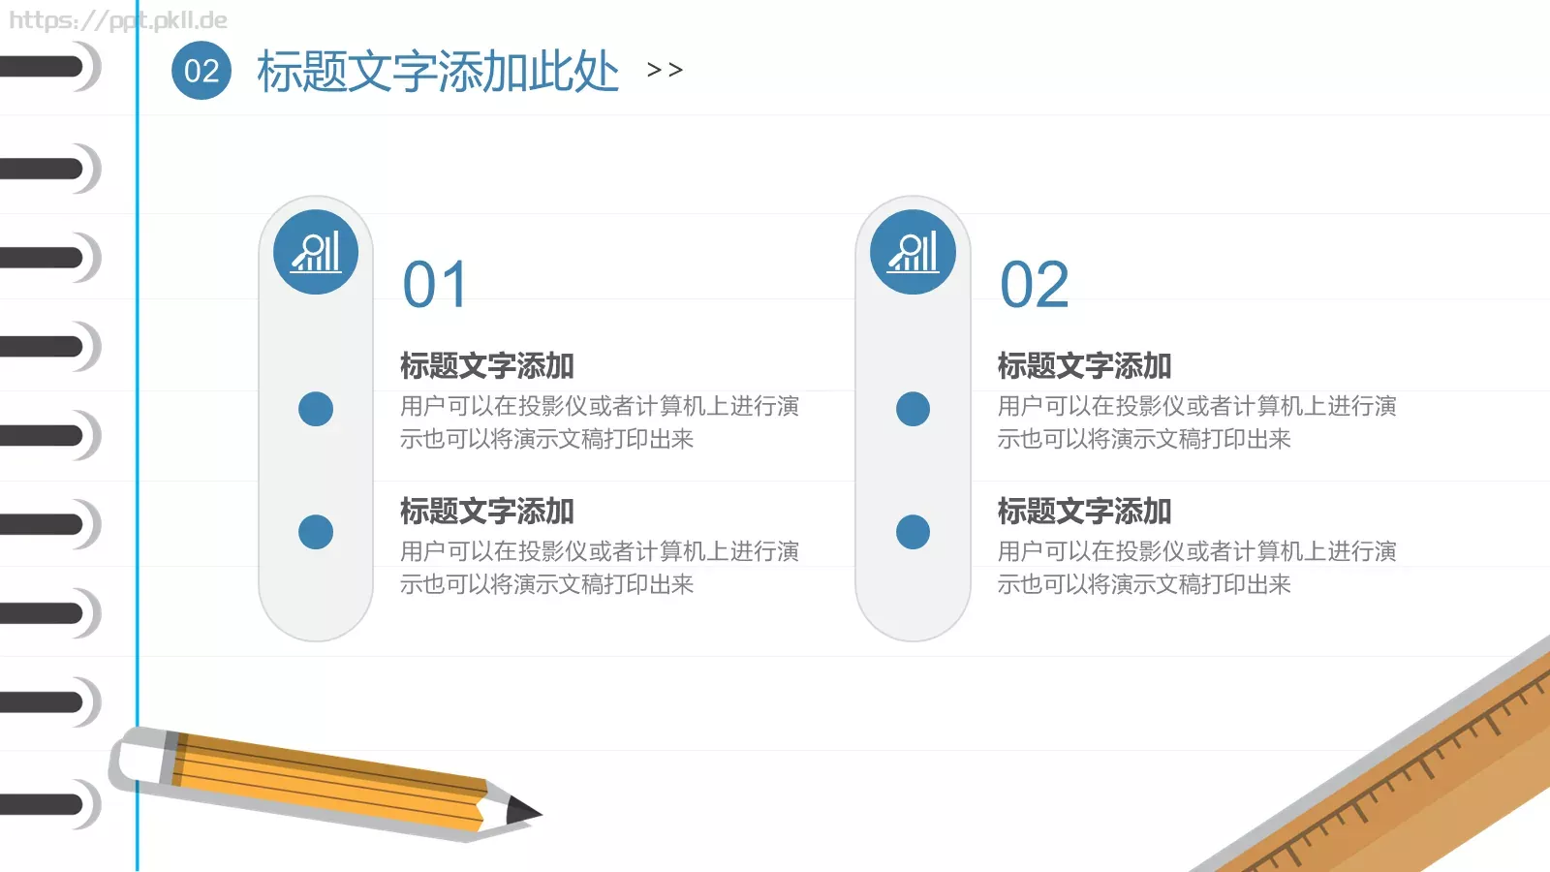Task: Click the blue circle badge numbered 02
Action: click(201, 71)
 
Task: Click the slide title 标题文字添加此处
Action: click(437, 72)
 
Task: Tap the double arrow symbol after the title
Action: click(665, 70)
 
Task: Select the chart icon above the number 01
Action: click(316, 252)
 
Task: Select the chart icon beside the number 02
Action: click(913, 252)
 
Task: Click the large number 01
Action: click(435, 285)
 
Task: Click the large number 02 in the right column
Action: click(1034, 285)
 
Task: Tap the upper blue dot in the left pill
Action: click(316, 409)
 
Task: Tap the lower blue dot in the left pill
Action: click(316, 532)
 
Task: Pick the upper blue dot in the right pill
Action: click(913, 409)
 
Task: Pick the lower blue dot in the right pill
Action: click(913, 532)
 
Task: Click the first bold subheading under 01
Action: click(487, 366)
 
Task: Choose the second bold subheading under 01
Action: click(487, 512)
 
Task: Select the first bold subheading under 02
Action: click(1084, 366)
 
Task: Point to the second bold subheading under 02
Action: click(1084, 512)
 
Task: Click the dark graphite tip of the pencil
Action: click(523, 810)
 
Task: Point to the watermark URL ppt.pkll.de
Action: click(118, 20)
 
